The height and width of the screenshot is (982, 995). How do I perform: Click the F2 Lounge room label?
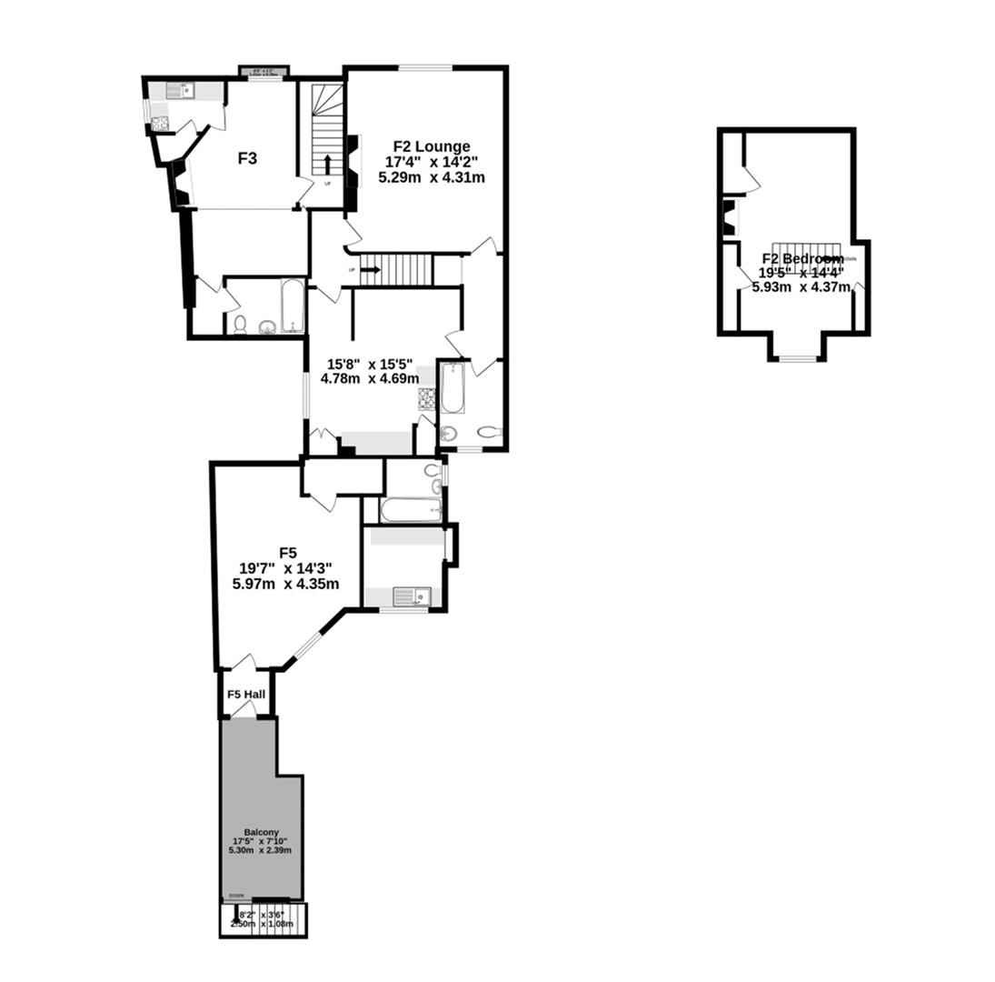(x=431, y=146)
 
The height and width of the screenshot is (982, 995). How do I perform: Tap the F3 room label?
(x=247, y=158)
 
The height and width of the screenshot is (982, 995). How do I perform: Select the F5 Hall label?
(x=245, y=695)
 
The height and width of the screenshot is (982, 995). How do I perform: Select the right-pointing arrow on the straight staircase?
(x=370, y=269)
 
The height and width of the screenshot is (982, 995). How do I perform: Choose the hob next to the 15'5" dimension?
(x=426, y=398)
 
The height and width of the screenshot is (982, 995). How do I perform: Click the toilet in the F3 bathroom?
(x=240, y=325)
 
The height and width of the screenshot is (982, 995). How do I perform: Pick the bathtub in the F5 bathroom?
(x=411, y=510)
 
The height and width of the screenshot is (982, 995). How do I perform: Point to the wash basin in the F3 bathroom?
(x=268, y=327)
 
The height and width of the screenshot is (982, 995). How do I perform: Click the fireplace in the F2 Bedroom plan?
(x=728, y=217)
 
